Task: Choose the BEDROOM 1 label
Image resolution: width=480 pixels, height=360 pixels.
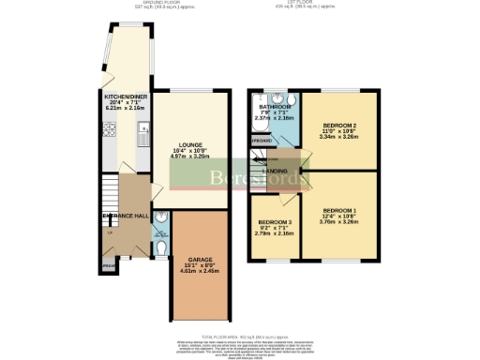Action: (339, 210)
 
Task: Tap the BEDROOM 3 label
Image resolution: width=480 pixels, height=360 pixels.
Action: (276, 223)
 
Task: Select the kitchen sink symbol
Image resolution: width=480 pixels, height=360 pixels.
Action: (141, 141)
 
